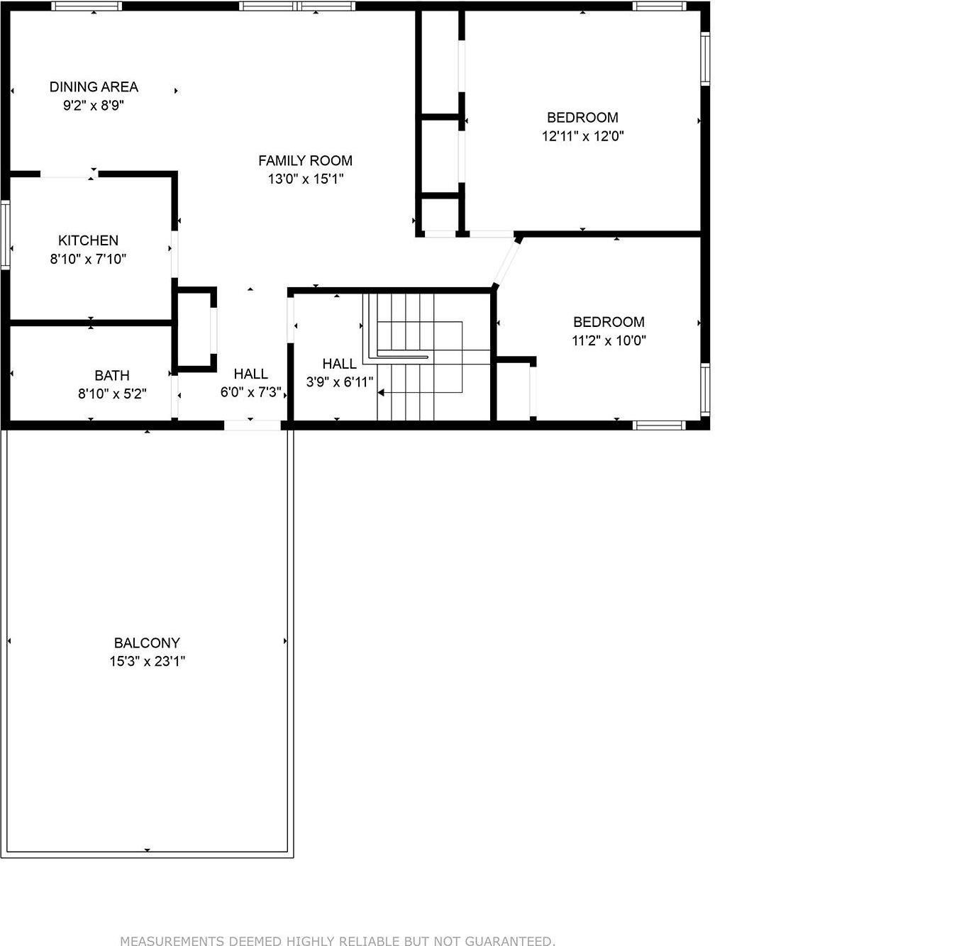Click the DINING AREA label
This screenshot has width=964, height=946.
coord(94,87)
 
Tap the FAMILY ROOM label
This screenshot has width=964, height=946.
coord(305,160)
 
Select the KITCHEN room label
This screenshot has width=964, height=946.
coord(88,240)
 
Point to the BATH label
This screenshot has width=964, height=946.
coord(112,375)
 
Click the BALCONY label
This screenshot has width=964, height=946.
coord(147,642)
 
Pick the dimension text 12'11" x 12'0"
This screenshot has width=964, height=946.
coord(582,136)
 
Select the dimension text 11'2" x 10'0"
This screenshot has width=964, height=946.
coord(609,340)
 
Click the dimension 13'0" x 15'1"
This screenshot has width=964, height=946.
coord(305,179)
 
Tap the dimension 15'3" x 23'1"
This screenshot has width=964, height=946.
coord(147,662)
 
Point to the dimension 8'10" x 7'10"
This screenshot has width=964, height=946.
coord(88,259)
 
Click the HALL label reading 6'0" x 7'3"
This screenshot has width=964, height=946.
coord(250,374)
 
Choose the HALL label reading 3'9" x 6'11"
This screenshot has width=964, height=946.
coord(339,364)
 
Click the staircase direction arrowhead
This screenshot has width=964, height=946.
coord(381,392)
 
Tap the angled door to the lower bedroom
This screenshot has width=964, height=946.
coord(507,262)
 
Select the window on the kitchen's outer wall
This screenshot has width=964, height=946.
coord(6,235)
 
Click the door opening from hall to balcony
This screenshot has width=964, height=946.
coord(253,425)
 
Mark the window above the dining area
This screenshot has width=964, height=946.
coord(87,6)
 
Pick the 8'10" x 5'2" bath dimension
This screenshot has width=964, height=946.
coord(112,394)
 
